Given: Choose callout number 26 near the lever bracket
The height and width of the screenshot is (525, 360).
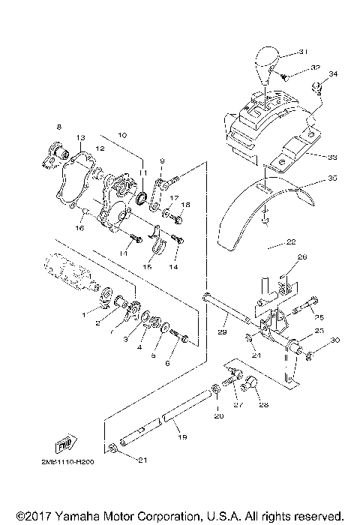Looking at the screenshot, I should click(x=302, y=277).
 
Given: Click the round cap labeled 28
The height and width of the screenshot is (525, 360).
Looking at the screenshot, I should click(x=252, y=385).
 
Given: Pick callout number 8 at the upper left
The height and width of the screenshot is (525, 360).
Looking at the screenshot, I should click(x=58, y=128).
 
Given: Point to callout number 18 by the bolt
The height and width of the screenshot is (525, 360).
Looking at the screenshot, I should click(x=187, y=205).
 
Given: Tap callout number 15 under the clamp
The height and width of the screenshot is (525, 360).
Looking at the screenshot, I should click(x=146, y=266).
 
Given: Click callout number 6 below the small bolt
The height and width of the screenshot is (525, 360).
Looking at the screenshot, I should click(x=167, y=363).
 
